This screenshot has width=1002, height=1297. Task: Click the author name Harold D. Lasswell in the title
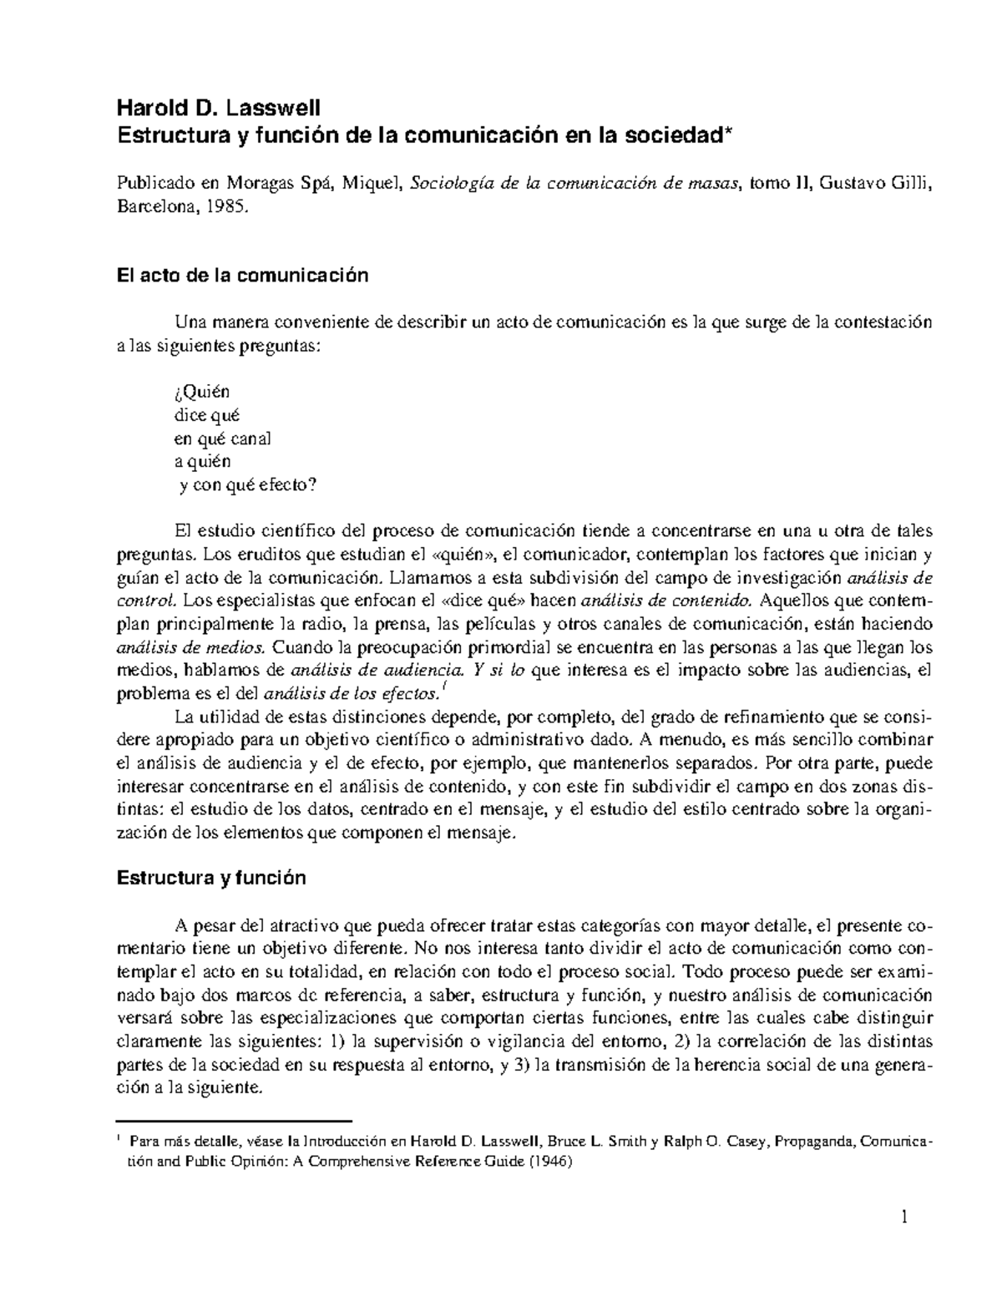(x=217, y=108)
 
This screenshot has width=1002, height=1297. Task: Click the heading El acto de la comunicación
(x=241, y=276)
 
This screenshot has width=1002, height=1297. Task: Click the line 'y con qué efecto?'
(x=250, y=485)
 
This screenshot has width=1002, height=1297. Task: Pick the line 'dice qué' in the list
(x=206, y=414)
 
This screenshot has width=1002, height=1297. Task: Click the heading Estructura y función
(x=211, y=878)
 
